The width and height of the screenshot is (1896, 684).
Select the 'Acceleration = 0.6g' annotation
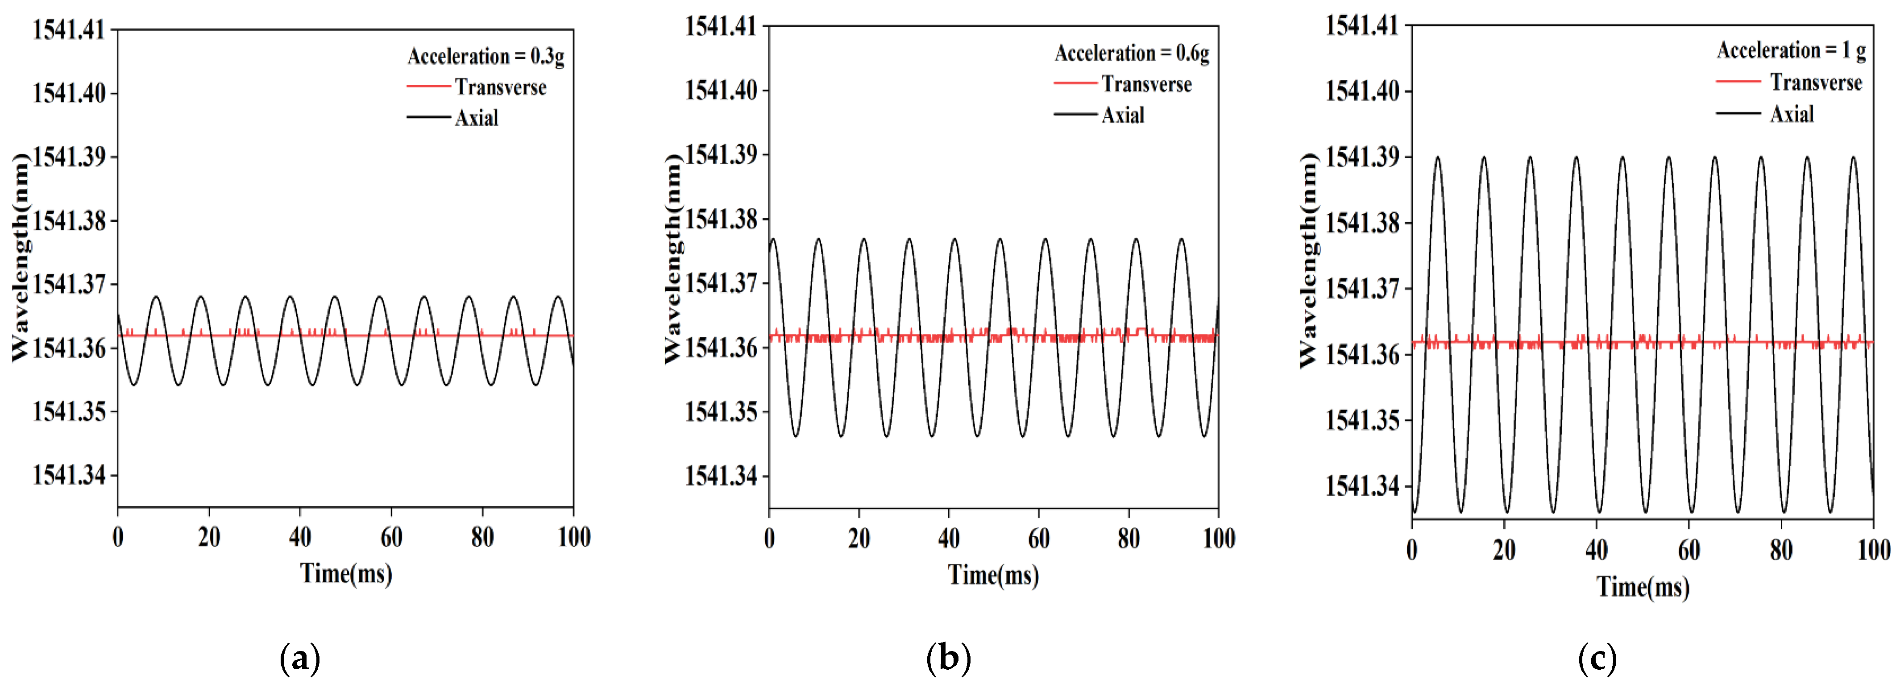[x=1131, y=54]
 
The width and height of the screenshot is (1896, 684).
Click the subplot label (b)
[x=948, y=658]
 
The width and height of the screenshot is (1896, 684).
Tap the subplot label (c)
[x=1597, y=658]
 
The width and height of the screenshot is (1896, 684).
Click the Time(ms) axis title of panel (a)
[x=346, y=573]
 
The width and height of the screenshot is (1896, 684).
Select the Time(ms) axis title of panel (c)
[x=1643, y=587]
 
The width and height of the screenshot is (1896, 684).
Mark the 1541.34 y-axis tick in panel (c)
[x=1361, y=486]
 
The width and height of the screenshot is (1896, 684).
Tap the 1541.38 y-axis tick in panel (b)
[x=721, y=219]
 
